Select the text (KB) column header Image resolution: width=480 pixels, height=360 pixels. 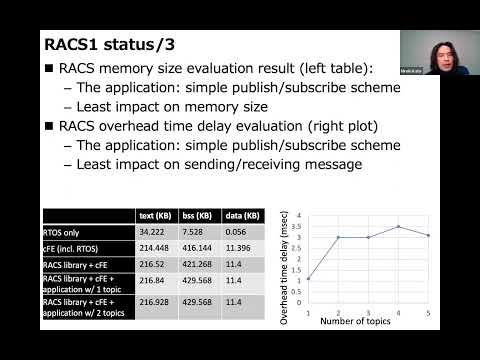pyautogui.click(x=154, y=215)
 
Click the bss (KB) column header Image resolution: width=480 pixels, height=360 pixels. pyautogui.click(x=198, y=215)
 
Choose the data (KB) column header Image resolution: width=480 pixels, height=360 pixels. pyautogui.click(x=243, y=215)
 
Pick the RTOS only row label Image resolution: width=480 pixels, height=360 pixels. pyautogui.click(x=64, y=230)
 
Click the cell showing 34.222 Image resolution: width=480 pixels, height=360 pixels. pyautogui.click(x=152, y=230)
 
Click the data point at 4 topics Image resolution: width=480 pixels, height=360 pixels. pyautogui.click(x=398, y=226)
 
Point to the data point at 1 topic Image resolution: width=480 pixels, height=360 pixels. pyautogui.click(x=308, y=279)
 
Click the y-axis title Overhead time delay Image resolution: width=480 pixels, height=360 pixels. pyautogui.click(x=286, y=262)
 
